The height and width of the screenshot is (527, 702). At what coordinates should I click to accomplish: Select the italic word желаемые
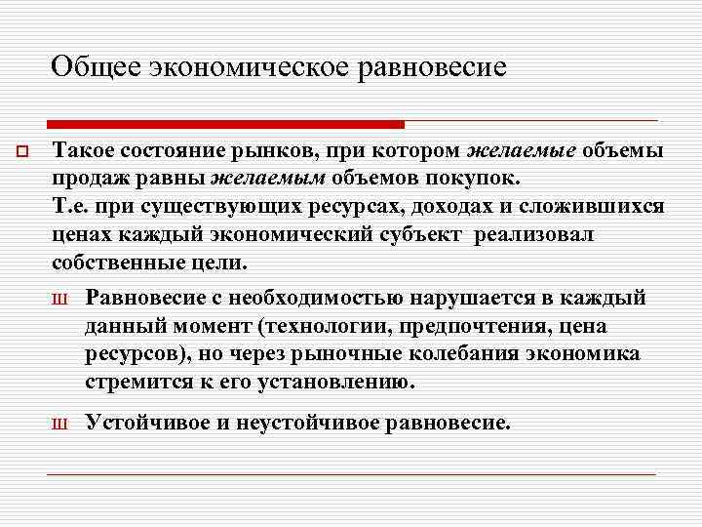click(x=524, y=152)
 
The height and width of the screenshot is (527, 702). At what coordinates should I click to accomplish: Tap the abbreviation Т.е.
click(x=71, y=208)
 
